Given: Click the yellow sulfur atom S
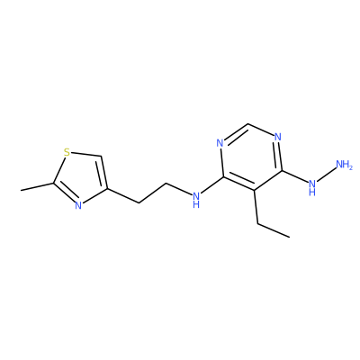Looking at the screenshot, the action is point(67,152).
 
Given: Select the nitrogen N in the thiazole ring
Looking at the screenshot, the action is point(78,205).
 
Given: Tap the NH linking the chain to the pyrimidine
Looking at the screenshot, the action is point(196,200).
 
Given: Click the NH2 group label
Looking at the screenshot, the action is point(344,165).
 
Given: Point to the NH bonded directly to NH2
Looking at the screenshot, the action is point(312,186).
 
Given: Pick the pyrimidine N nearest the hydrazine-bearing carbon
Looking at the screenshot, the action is point(278,137).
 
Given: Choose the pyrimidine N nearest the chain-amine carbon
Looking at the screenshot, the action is point(220,143).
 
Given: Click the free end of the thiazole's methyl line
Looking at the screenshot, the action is point(21,190).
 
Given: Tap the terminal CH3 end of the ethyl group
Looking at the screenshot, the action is point(290,238).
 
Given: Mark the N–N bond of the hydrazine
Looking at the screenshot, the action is point(326,175).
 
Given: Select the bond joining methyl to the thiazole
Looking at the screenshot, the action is point(37,186).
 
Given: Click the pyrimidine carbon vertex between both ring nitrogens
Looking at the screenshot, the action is point(248,123).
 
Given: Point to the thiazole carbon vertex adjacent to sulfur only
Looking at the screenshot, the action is point(101,157).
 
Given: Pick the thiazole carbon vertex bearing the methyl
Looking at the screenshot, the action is point(54,183).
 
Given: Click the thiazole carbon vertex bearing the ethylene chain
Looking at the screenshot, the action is point(107,189).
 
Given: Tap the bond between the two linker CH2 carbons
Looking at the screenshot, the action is point(152,193).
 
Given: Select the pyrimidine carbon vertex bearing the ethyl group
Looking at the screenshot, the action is point(255,190).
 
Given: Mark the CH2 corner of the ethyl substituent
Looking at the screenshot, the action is point(258,223).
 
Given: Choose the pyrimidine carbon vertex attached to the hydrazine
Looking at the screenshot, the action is point(282,171).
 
